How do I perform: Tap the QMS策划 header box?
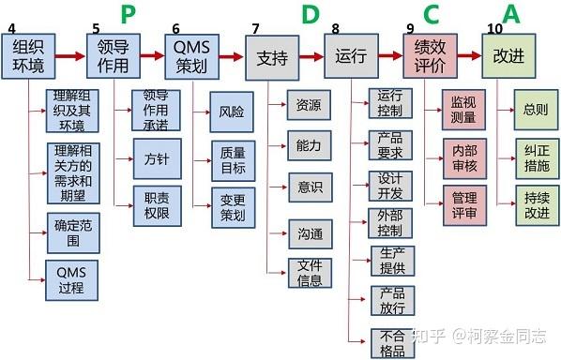click(x=193, y=56)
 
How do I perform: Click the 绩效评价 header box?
click(x=432, y=56)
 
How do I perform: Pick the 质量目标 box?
click(x=233, y=160)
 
